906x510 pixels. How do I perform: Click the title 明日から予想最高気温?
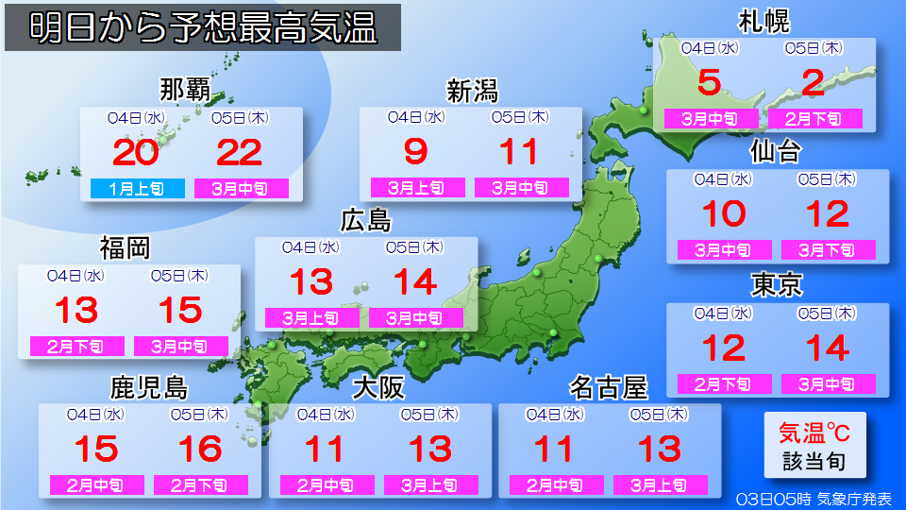203,28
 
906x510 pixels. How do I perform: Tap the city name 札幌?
763,21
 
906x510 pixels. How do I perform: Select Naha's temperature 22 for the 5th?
241,151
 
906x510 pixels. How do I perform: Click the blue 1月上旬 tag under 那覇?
137,188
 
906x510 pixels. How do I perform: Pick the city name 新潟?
472,91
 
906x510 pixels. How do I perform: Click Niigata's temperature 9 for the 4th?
415,151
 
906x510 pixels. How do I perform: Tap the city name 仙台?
776,152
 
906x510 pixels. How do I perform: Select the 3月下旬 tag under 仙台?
828,250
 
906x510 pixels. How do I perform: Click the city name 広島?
365,220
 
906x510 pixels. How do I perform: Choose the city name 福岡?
125,248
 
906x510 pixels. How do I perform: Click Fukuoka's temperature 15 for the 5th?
180,310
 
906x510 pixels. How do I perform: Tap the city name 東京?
777,284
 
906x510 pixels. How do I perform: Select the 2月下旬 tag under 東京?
724,384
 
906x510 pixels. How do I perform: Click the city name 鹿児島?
149,387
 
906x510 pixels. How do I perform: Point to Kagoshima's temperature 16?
200,450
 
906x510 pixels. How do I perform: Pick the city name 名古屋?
609,387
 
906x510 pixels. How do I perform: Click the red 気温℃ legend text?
814,433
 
